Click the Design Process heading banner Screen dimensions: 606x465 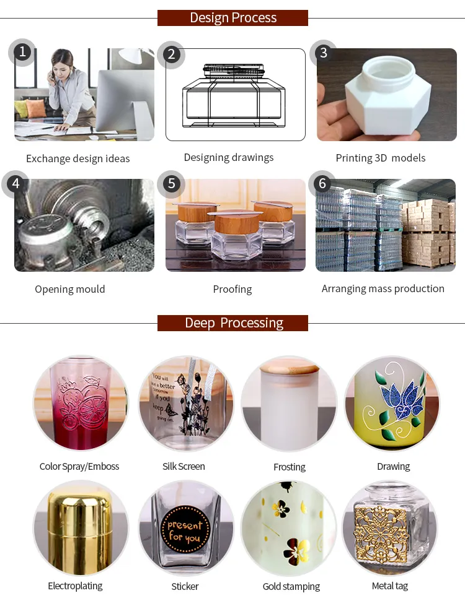click(x=232, y=17)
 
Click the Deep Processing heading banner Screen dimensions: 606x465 click(x=232, y=323)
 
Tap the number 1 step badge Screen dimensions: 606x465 click(x=22, y=52)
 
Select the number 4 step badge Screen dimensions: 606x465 click(x=15, y=184)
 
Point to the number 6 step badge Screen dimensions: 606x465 click(x=322, y=184)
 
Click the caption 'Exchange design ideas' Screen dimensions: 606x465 click(x=77, y=158)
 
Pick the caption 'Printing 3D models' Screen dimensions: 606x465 click(x=380, y=158)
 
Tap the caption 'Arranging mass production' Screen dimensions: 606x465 click(x=383, y=288)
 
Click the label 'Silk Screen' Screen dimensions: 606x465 click(x=184, y=466)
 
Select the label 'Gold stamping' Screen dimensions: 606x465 click(x=291, y=586)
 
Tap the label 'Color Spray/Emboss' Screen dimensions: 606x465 click(x=79, y=466)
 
